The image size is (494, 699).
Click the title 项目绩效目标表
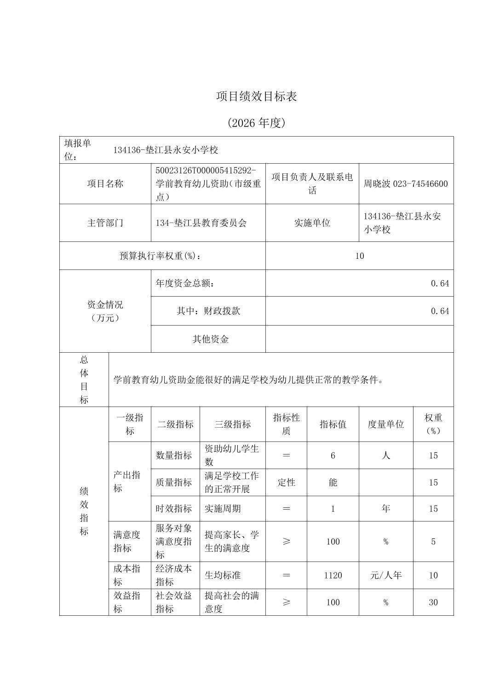coord(257,96)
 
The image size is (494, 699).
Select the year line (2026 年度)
coord(257,123)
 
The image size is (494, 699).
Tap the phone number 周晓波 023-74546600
coord(405,184)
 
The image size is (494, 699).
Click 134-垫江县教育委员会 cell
coord(201,223)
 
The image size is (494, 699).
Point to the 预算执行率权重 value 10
coord(359,256)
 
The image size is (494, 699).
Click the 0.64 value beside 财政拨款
coord(440,311)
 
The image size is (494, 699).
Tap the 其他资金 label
coord(210,339)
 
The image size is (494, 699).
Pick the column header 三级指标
coord(232,424)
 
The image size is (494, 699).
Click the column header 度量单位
coord(385,424)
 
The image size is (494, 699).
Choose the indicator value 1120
coord(333,575)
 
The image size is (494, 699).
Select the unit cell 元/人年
coord(385,575)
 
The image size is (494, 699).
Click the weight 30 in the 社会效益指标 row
coord(433,602)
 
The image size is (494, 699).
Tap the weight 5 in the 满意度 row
coord(433,542)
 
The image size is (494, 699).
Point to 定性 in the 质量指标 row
coord(286,482)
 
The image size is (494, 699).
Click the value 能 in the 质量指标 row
coord(333,482)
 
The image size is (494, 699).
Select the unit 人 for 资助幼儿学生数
coord(385,455)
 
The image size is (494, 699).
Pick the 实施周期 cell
coord(223,509)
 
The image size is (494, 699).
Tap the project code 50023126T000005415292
coord(206,171)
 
